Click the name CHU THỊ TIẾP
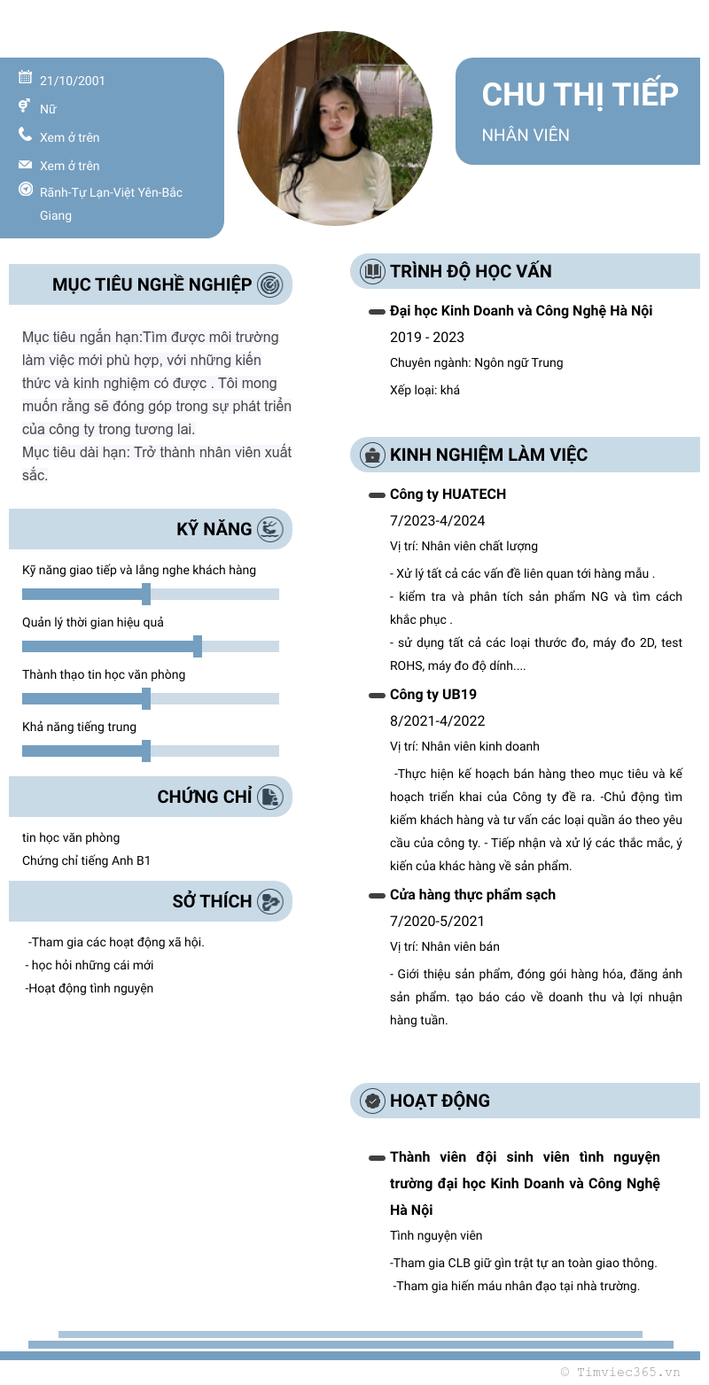(x=580, y=94)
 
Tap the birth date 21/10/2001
(x=73, y=81)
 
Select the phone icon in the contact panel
(x=25, y=135)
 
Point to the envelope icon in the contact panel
(x=25, y=165)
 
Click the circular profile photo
(x=335, y=128)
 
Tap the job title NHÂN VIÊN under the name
(x=526, y=135)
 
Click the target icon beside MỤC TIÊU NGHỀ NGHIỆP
(x=269, y=284)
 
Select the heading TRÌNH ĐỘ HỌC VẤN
(x=471, y=271)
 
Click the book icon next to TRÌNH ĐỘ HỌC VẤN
(x=373, y=271)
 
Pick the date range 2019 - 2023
(x=427, y=337)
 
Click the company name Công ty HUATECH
(x=448, y=494)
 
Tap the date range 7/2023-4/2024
(x=438, y=520)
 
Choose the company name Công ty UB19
(x=433, y=694)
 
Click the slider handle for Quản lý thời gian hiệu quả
(x=198, y=646)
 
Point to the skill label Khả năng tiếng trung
(x=80, y=727)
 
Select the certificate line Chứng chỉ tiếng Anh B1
(x=87, y=860)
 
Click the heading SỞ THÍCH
(x=212, y=901)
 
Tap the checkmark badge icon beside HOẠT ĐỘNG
(x=373, y=1101)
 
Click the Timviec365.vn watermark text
(x=620, y=1372)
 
